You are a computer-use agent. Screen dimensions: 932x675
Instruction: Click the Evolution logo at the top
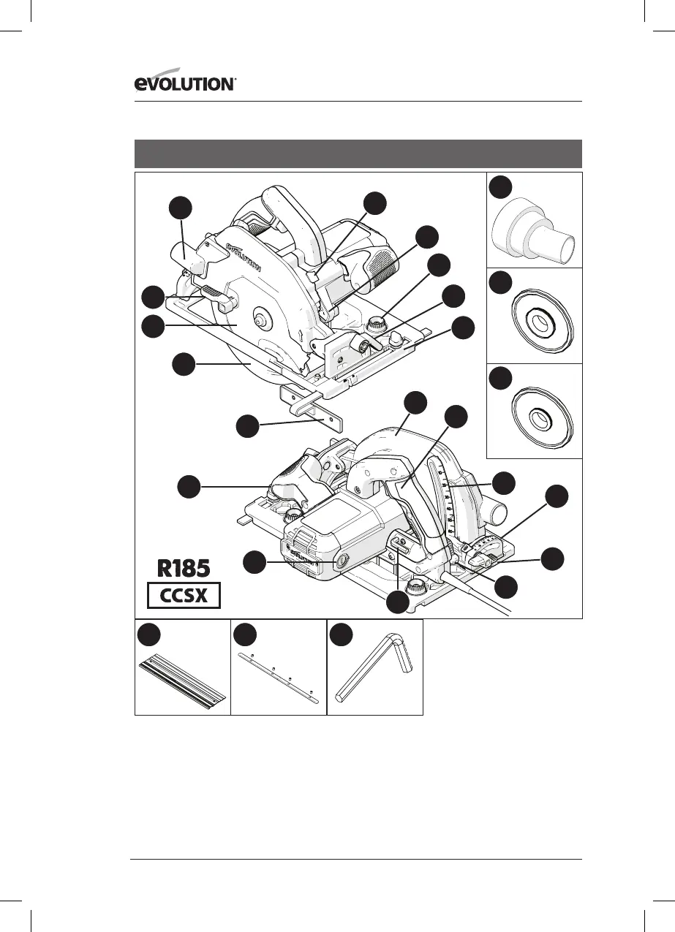coord(184,84)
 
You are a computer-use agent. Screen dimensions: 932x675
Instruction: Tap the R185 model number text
coord(184,568)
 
